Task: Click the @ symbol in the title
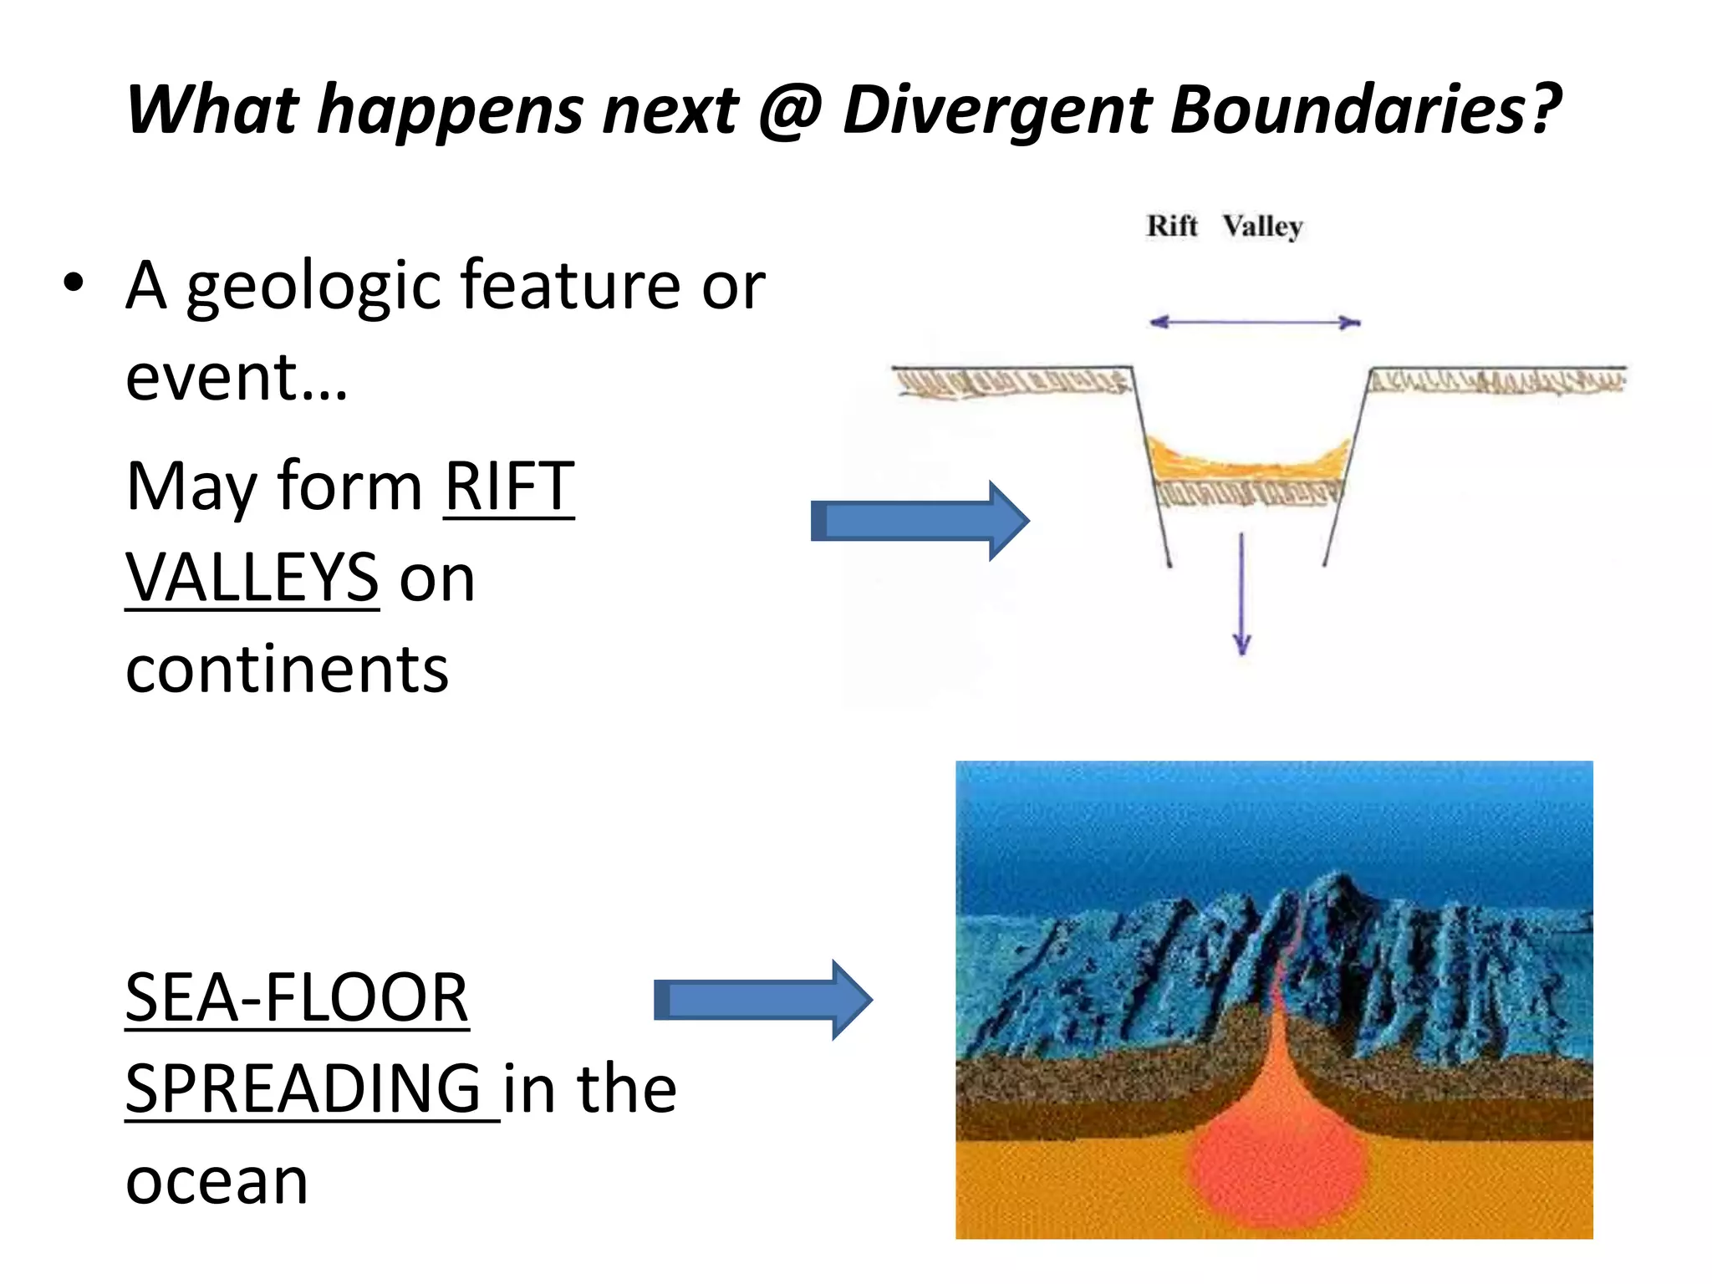coord(791,110)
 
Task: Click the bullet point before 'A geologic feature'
coord(74,283)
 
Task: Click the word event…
coord(236,378)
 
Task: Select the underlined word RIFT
coord(508,487)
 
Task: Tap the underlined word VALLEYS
coord(252,578)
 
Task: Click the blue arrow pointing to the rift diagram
coord(919,521)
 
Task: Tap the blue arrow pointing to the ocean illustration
coord(762,1000)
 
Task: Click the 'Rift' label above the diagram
coord(1171,226)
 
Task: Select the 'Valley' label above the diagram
coord(1262,227)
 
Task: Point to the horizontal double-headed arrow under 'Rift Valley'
coord(1254,322)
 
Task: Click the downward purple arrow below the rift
coord(1242,594)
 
